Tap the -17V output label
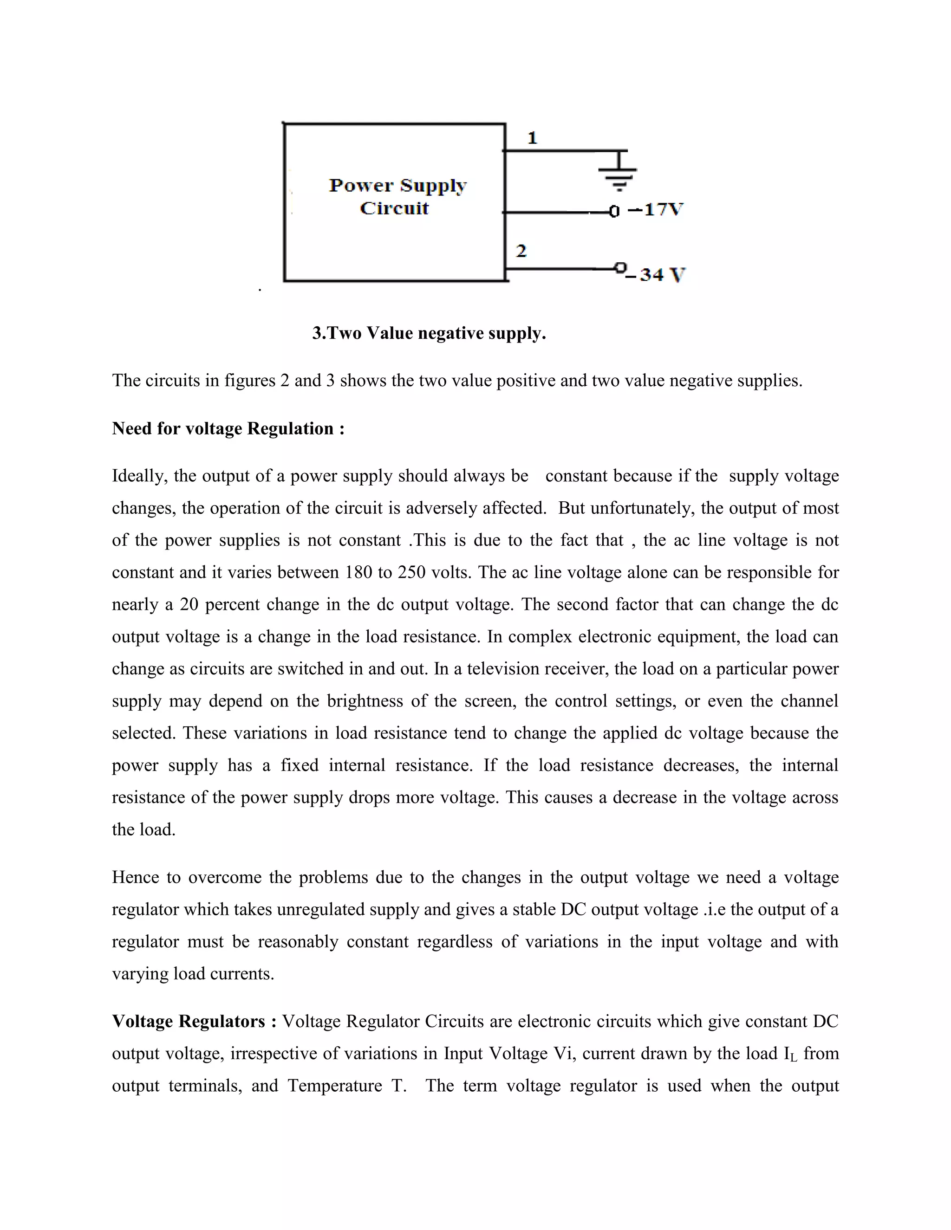pos(656,210)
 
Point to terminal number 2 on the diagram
pos(521,251)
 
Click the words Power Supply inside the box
pos(398,186)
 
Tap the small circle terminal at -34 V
pos(620,267)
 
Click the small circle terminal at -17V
pos(614,212)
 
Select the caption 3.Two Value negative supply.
pos(430,333)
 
